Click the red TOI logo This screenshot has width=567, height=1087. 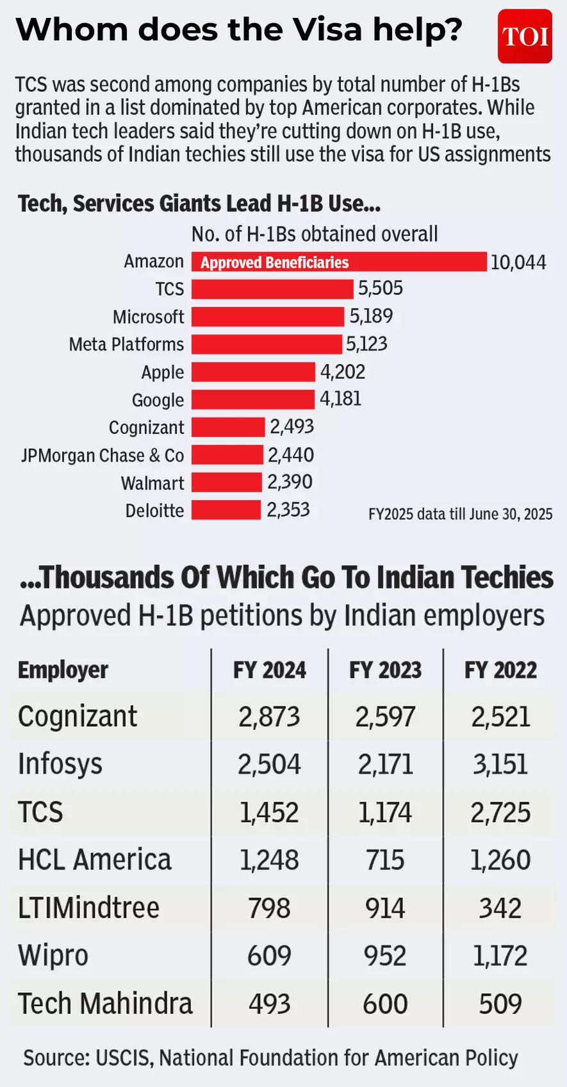(x=525, y=37)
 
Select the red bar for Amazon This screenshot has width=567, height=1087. (x=339, y=262)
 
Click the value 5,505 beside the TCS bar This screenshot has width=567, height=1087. (x=381, y=288)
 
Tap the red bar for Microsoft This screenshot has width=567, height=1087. (x=268, y=317)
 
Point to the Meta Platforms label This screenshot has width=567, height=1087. (x=126, y=345)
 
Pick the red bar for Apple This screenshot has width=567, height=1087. (x=253, y=372)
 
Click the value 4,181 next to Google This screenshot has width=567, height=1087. (x=341, y=399)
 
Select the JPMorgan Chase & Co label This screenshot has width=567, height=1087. (x=103, y=456)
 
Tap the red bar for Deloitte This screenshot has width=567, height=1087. (x=226, y=510)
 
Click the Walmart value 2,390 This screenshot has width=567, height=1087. (x=290, y=482)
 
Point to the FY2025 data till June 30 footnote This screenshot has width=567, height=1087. (x=460, y=514)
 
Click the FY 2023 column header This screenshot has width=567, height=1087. (x=385, y=670)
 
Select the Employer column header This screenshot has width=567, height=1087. (x=63, y=670)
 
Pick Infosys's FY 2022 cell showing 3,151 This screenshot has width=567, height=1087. (x=500, y=764)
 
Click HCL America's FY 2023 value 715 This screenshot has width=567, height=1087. (x=385, y=860)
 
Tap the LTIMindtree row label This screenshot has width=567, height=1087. (x=88, y=908)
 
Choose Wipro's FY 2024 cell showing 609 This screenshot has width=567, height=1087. (x=269, y=956)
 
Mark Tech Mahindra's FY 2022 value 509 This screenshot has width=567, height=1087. (x=500, y=1004)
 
